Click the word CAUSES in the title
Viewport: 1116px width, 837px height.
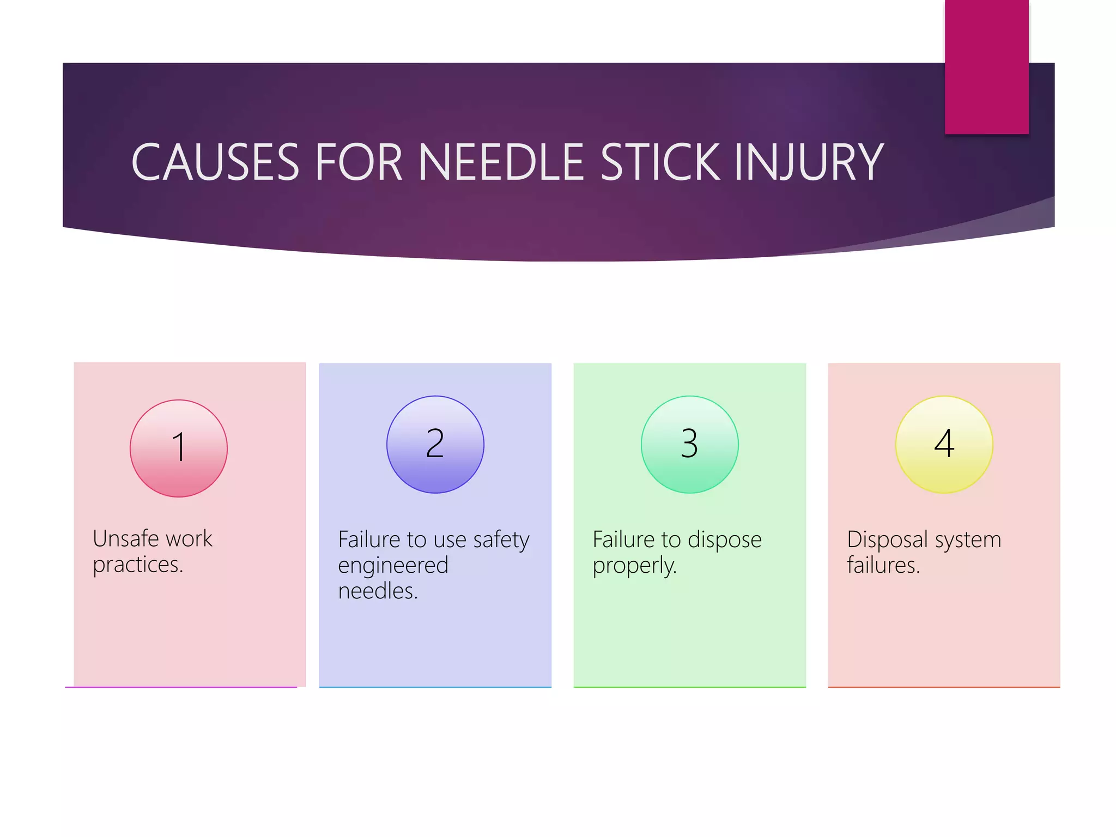(x=215, y=162)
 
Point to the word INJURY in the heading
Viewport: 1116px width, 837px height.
(x=809, y=162)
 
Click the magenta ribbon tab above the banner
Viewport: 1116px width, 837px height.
(x=986, y=66)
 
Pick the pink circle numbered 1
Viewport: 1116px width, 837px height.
(x=179, y=448)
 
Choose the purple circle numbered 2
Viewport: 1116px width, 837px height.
(x=435, y=444)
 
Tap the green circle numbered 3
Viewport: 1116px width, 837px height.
(x=689, y=444)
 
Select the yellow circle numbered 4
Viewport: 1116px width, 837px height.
(x=944, y=444)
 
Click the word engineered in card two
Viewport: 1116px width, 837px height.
(x=393, y=566)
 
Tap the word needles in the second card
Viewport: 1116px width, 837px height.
(x=377, y=591)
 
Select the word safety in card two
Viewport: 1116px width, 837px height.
(x=501, y=540)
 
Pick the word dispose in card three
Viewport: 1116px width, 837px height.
(x=724, y=540)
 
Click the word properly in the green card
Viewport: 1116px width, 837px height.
(x=634, y=566)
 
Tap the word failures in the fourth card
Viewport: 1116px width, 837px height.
(x=883, y=565)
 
